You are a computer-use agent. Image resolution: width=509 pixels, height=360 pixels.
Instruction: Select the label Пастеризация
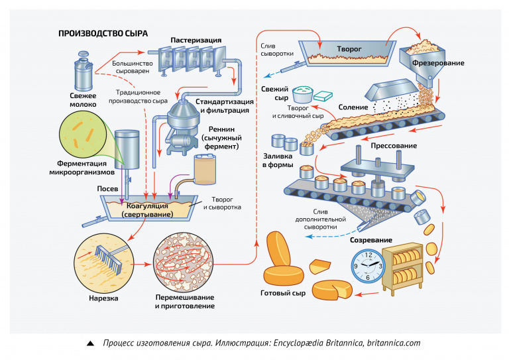coord(196,40)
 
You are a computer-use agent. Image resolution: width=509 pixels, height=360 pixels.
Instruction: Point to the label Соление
coord(353,106)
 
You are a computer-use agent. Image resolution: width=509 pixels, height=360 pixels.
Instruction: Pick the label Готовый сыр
coord(284,293)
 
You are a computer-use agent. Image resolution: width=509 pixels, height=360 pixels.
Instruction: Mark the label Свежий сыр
coord(274,93)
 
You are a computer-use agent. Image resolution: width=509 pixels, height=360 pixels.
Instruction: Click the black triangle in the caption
coord(90,343)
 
